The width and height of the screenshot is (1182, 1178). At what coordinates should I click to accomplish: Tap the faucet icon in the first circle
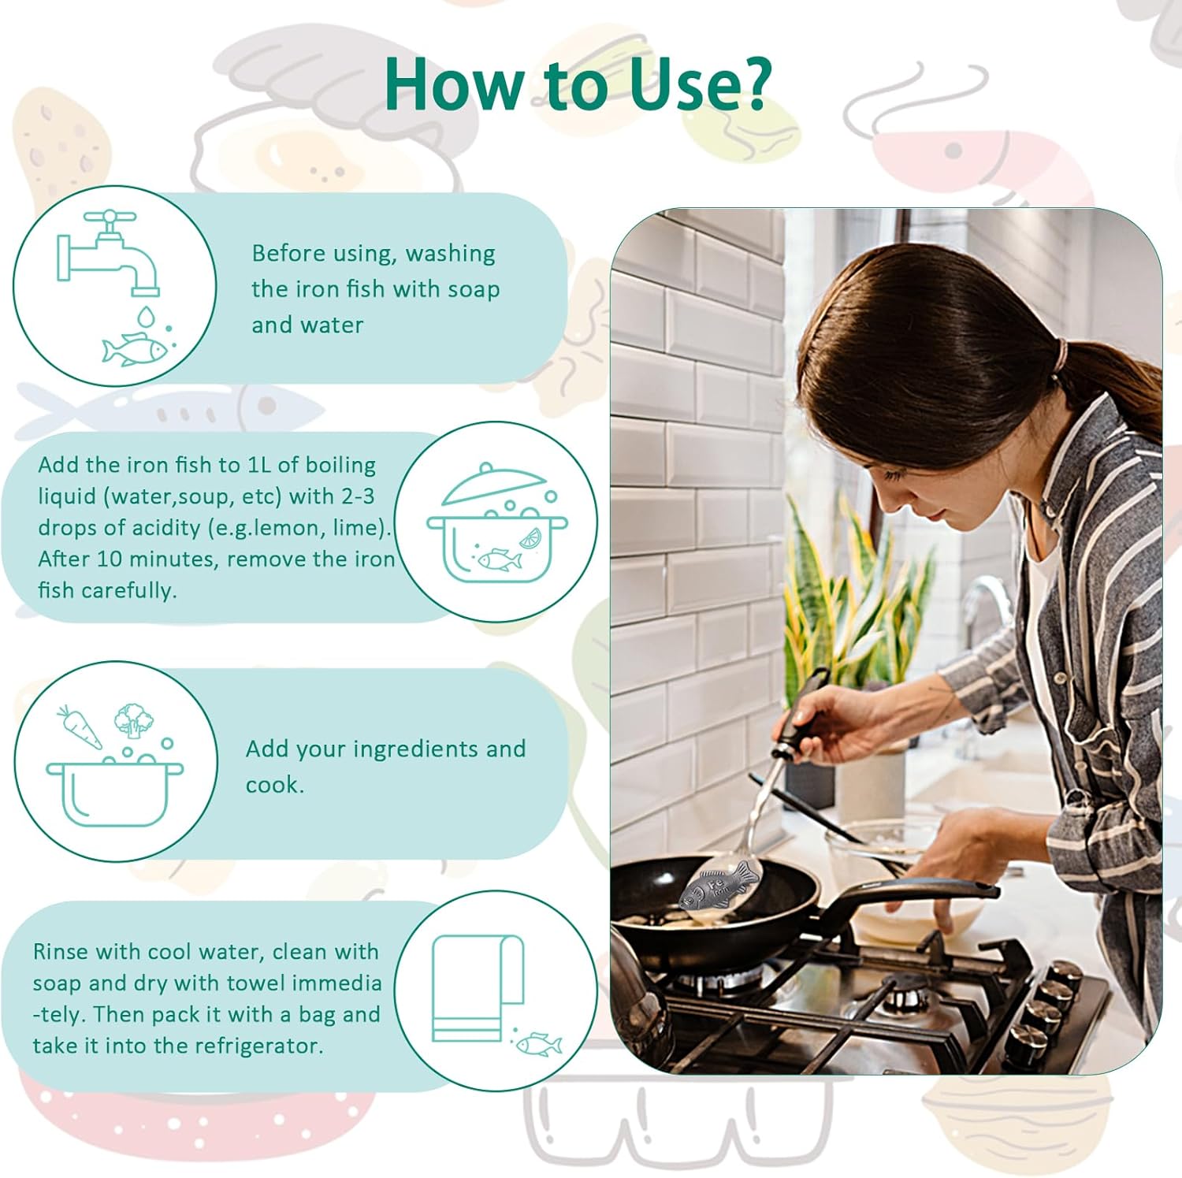pos(109,252)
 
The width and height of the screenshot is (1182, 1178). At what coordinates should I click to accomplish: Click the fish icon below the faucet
pos(135,348)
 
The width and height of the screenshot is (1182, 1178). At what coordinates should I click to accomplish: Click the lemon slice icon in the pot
pos(529,539)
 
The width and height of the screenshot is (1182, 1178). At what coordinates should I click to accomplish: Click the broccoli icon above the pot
pos(132,719)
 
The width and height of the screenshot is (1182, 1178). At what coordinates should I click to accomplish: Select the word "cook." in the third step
pos(274,785)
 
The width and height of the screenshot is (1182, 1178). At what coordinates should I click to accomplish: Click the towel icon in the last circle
pos(478,988)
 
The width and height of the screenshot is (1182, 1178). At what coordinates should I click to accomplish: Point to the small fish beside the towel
pos(539,1045)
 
